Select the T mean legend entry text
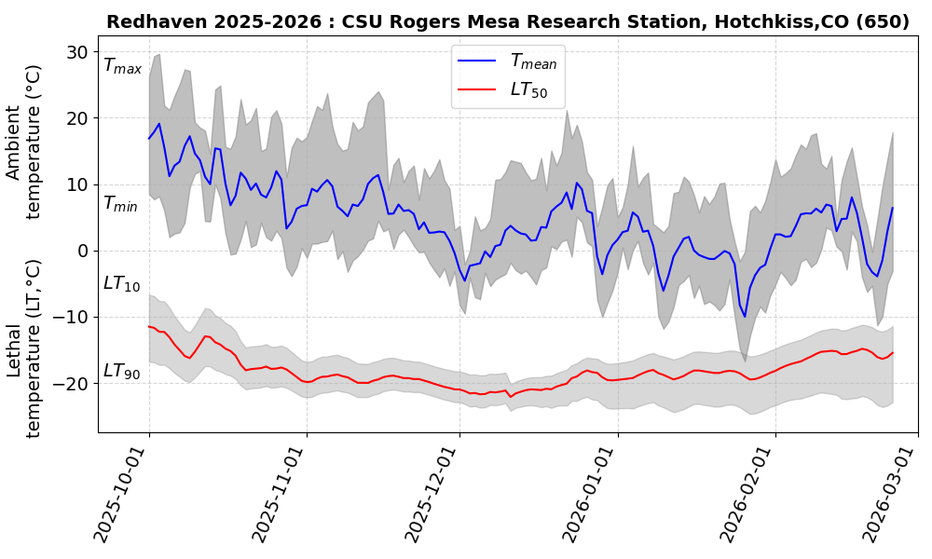(x=533, y=61)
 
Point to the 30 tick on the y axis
(x=78, y=52)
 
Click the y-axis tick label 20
(x=78, y=118)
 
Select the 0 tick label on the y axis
(x=84, y=251)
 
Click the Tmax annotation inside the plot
(x=122, y=66)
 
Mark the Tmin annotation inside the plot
(x=120, y=203)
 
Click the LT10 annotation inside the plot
(x=121, y=283)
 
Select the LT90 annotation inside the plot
(x=121, y=371)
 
